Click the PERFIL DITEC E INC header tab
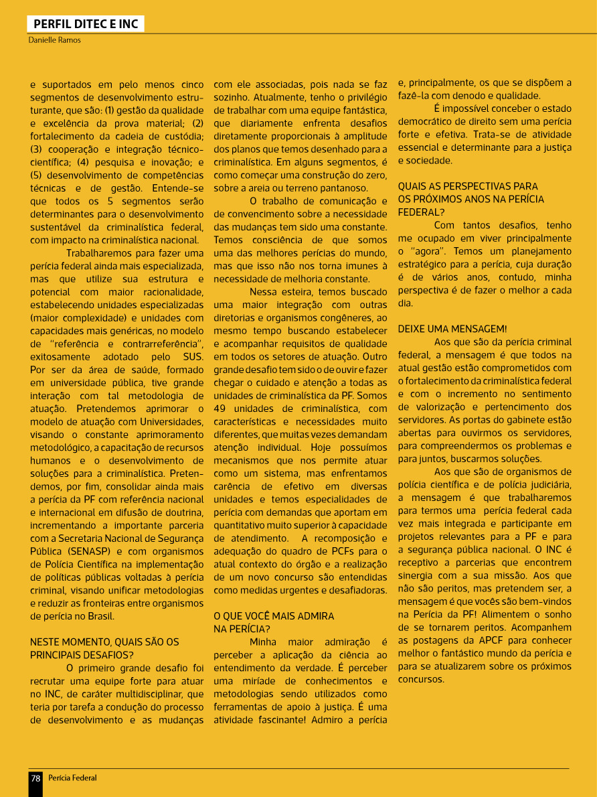pos(86,25)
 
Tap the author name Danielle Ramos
pos(54,40)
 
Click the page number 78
pos(35,778)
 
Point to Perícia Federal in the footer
pos(72,778)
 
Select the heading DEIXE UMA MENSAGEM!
pos(452,329)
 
